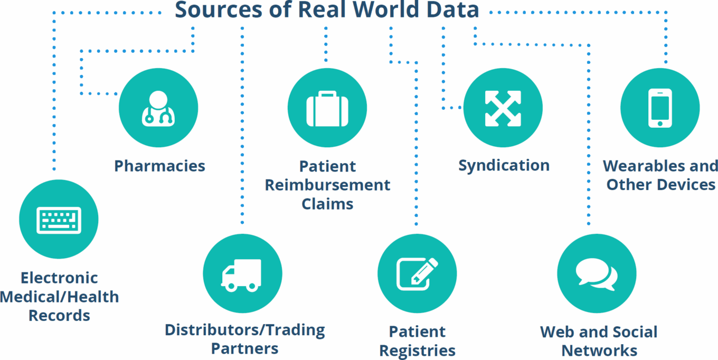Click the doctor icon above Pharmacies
tap(158, 108)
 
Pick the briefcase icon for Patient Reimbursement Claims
tap(327, 108)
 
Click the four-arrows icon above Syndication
tap(503, 108)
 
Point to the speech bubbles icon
tap(597, 274)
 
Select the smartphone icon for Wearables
tap(660, 108)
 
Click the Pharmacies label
tap(159, 166)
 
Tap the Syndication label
tap(504, 165)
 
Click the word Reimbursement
tap(327, 185)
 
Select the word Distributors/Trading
tap(244, 330)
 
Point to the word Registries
tap(417, 350)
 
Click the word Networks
tap(599, 350)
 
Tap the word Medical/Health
tap(59, 297)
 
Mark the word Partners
tap(244, 349)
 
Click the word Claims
tap(327, 204)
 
